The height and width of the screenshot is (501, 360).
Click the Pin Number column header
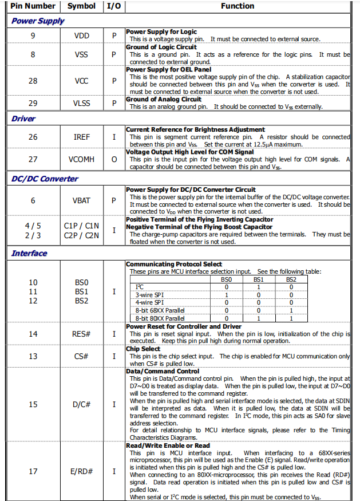click(33, 6)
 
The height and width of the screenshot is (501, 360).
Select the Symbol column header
click(81, 6)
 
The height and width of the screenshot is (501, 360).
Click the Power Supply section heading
click(38, 21)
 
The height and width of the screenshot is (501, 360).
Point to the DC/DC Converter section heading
click(45, 179)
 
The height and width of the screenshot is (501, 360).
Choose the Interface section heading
click(29, 253)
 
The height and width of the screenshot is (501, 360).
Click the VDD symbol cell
click(82, 35)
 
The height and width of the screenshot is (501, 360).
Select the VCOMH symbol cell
click(82, 159)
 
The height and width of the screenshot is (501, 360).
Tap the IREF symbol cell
click(82, 137)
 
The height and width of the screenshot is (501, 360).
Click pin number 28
click(33, 81)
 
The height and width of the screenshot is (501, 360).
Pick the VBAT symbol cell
click(82, 200)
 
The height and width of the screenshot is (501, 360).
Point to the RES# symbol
click(82, 334)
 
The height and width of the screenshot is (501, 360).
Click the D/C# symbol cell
click(82, 404)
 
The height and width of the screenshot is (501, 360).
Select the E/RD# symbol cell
click(82, 471)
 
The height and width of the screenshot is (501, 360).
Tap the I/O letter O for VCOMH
click(114, 159)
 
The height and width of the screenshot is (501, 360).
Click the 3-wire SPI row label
click(150, 294)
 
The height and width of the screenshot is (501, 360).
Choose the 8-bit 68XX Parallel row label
click(160, 310)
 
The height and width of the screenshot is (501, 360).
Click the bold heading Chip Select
click(143, 348)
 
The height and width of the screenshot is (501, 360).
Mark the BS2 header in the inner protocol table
click(291, 279)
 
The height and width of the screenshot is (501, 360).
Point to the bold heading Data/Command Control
click(163, 371)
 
